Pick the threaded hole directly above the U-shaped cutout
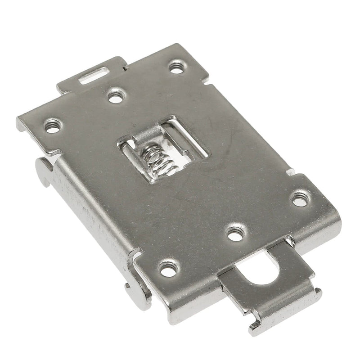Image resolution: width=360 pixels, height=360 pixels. (235, 232)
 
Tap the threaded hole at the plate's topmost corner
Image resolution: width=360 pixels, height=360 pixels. (175, 67)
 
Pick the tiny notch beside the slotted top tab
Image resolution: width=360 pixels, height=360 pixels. (125, 67)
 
